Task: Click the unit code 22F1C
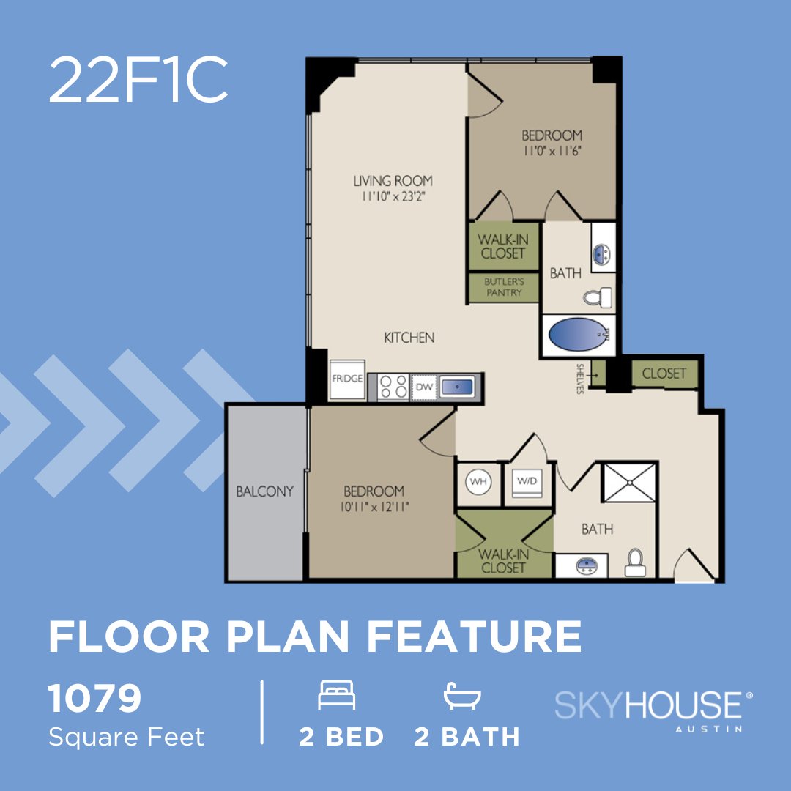[138, 81]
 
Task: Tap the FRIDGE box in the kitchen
[346, 380]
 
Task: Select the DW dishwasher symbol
[424, 386]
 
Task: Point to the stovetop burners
[393, 386]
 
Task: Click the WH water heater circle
[478, 481]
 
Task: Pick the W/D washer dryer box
[526, 483]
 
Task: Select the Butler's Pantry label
[504, 287]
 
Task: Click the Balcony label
[264, 491]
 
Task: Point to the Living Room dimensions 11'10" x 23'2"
[393, 196]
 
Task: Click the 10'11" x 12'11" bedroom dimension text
[374, 508]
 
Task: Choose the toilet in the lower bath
[634, 562]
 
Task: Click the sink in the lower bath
[584, 565]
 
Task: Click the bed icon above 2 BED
[337, 695]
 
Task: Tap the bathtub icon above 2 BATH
[461, 695]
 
